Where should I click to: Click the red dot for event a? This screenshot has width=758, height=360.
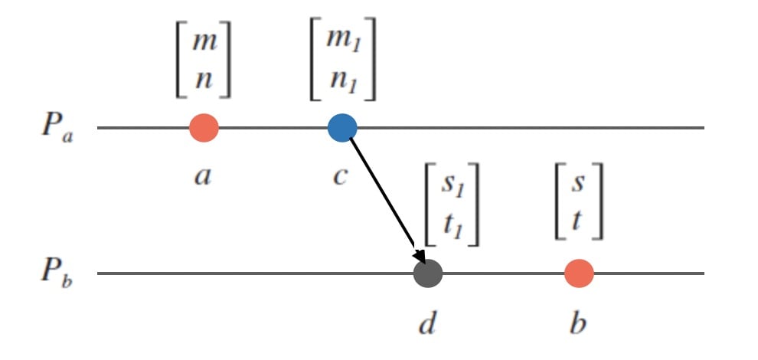204,128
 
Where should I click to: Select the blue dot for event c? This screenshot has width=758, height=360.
342,128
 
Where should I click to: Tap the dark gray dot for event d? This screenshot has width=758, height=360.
428,273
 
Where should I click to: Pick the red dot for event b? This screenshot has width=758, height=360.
579,273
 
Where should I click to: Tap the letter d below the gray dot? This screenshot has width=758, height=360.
426,323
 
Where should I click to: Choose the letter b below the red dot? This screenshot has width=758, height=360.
578,323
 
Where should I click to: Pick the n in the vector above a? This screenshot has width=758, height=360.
203,79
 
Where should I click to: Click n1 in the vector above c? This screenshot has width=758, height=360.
342,79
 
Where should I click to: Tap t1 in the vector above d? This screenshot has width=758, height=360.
452,224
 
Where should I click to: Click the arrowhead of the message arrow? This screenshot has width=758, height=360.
419,257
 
